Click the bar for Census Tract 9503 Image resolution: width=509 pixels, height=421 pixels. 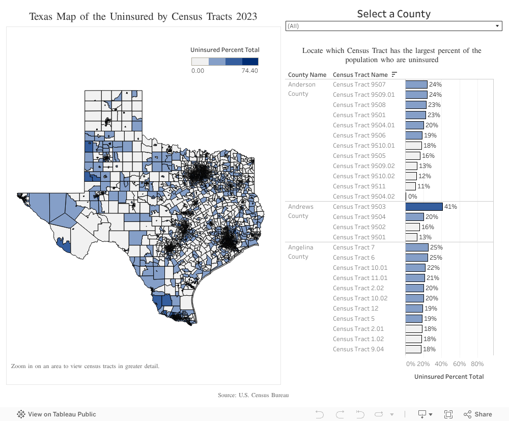[x=424, y=207]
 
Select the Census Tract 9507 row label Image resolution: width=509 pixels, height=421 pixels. [x=359, y=85]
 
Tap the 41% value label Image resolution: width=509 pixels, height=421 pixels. [x=450, y=207]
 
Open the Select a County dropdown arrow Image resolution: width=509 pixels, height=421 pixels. [x=498, y=26]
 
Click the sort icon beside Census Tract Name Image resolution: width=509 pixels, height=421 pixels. [x=394, y=75]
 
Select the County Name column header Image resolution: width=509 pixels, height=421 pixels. [x=307, y=75]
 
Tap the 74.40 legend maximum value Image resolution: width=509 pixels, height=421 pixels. [x=249, y=71]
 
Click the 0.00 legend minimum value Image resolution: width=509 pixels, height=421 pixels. [x=197, y=71]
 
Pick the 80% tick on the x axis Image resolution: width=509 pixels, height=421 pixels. [x=477, y=364]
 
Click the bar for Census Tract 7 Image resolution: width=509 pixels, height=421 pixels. [x=417, y=247]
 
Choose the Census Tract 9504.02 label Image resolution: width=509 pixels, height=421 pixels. [x=363, y=197]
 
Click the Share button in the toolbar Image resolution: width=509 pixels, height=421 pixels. [x=477, y=414]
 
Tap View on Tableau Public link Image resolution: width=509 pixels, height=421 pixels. [x=56, y=414]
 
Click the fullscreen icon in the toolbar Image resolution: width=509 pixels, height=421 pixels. [x=448, y=414]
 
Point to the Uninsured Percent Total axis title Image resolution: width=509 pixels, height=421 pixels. [x=449, y=377]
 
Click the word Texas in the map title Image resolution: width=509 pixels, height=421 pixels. [x=40, y=17]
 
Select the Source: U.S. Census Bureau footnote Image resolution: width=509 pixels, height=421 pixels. [x=253, y=395]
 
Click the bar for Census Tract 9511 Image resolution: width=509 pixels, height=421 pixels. [x=411, y=186]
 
